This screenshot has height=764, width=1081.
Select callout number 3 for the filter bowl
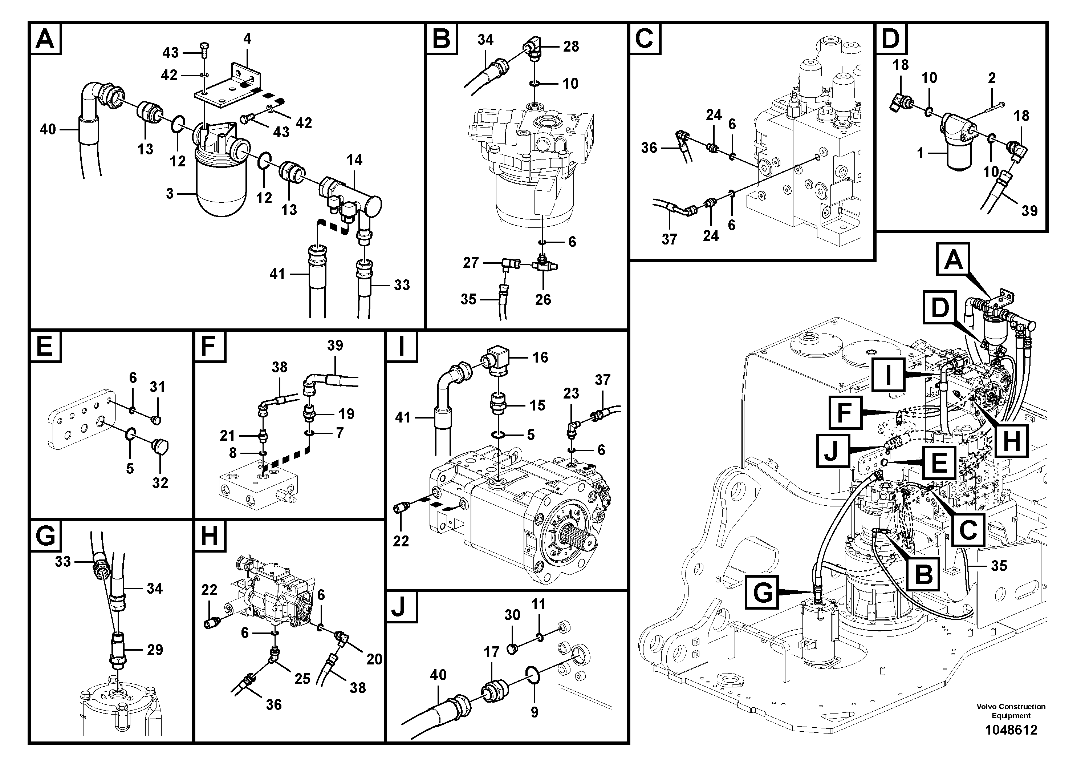click(x=170, y=194)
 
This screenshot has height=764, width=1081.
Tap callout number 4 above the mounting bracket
click(x=248, y=39)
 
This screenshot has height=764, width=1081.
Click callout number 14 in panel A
click(x=354, y=160)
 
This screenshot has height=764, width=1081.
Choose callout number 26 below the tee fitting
click(x=542, y=300)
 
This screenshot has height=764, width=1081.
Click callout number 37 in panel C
click(x=669, y=239)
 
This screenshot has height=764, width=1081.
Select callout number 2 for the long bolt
click(x=992, y=78)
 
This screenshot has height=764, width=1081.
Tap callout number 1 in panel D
click(x=921, y=153)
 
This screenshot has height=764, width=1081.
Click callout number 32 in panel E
click(x=160, y=483)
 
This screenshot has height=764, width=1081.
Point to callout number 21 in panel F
click(x=227, y=436)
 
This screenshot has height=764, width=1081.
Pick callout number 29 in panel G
click(x=155, y=650)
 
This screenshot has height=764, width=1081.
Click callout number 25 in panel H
click(x=302, y=679)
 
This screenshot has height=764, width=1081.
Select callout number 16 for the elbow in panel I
click(x=540, y=357)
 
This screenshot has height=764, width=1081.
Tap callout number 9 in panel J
click(x=535, y=712)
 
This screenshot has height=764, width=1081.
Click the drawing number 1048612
click(x=1011, y=730)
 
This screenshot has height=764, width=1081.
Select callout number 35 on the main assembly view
click(x=999, y=565)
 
